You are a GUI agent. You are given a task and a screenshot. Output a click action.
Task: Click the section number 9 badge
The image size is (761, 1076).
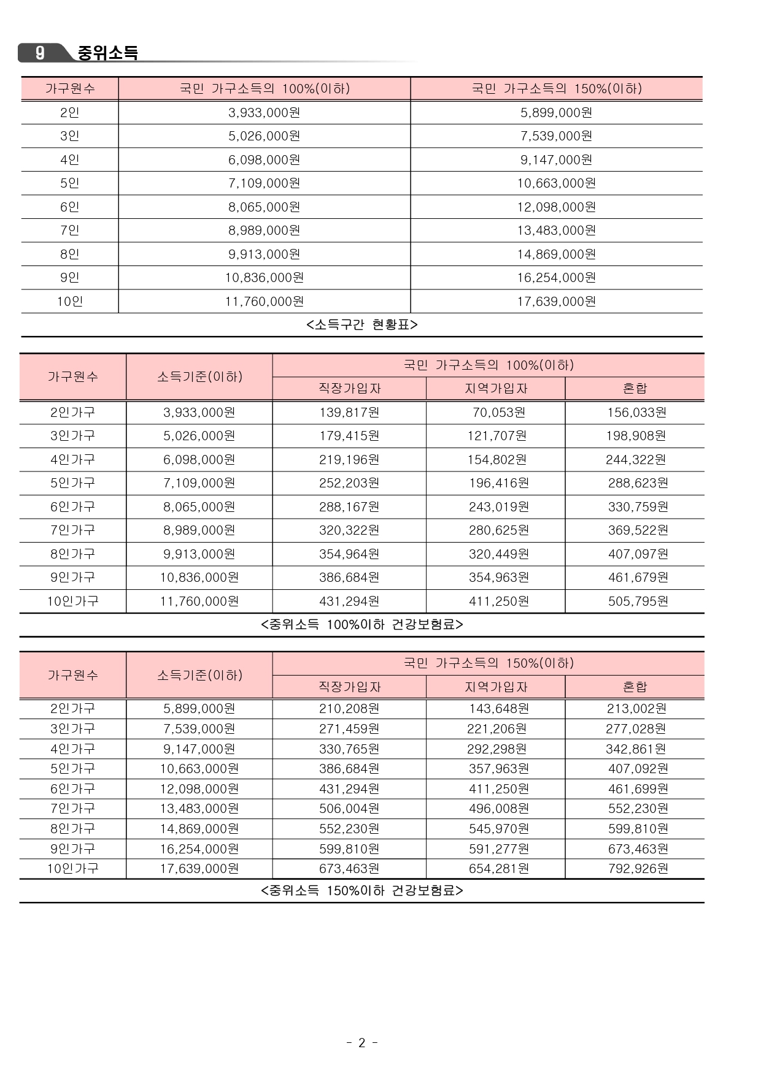coord(40,53)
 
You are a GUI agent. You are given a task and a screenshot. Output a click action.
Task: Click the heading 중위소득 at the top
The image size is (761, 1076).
coord(107,53)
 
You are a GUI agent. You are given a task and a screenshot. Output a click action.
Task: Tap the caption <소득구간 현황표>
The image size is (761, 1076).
coord(361,324)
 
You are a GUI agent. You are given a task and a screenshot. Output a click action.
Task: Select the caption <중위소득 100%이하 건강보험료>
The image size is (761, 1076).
coord(361,625)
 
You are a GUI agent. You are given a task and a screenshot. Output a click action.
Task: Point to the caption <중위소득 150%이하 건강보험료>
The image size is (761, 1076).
coord(361,890)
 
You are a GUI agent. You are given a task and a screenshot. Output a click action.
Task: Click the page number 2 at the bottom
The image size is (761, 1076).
coord(361,1042)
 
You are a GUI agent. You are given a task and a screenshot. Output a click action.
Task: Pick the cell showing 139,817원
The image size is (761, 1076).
coord(349,413)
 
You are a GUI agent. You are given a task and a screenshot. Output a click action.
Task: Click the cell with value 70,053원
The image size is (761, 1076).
coord(498,413)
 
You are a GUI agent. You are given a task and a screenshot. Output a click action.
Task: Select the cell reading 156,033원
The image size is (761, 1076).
coord(636,413)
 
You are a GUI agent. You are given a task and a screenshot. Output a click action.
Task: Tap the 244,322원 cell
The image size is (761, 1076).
coord(636,460)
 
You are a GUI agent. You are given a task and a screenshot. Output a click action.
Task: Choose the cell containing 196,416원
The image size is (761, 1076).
coord(499,483)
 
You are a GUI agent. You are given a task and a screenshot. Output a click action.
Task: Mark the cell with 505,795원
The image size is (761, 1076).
coord(638,601)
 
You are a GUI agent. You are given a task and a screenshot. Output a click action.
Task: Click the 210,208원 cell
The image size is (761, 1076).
coord(349,709)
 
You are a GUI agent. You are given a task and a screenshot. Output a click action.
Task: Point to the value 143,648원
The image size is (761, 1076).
coord(499,709)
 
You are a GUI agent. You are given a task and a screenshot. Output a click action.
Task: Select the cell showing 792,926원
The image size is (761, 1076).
coord(638,869)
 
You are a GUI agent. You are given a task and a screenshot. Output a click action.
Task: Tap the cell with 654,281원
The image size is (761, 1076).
coord(499,869)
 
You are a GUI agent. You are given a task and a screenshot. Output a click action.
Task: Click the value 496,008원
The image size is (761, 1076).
coord(499,809)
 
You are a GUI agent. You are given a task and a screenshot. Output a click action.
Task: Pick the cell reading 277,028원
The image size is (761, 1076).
coord(636,729)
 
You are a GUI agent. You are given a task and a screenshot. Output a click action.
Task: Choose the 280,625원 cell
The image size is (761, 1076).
coord(499,530)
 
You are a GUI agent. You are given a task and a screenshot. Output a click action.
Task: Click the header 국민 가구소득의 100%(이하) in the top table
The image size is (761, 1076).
coord(265,89)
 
